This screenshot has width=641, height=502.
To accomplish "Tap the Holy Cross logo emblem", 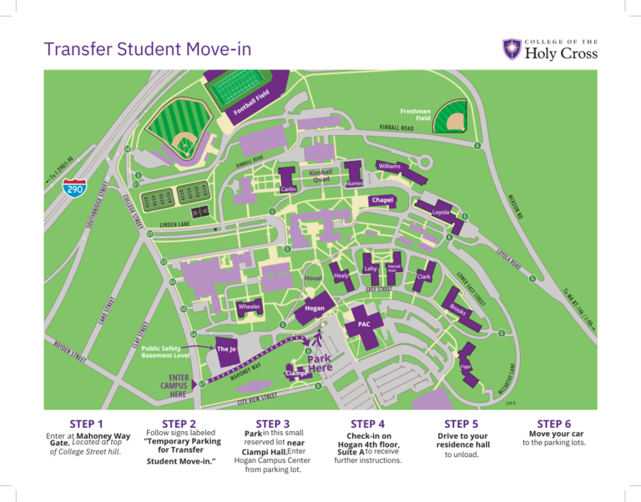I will (x=512, y=49).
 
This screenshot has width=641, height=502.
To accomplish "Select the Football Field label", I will (x=250, y=102).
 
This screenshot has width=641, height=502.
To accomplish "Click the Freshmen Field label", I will (x=415, y=114).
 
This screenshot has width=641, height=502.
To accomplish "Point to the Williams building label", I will (x=389, y=167).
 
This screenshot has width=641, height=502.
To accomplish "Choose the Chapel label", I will (x=382, y=201).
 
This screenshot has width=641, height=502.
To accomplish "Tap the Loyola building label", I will (x=441, y=213).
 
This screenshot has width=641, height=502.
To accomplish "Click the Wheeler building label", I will (x=250, y=307).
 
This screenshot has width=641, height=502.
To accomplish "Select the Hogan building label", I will (x=315, y=308).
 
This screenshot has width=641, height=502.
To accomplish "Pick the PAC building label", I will (x=363, y=324).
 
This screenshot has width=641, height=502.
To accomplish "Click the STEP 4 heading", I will (x=369, y=424).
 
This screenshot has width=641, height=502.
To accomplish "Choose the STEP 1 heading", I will (x=88, y=424).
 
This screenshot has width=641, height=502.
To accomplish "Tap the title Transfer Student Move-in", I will (x=148, y=51).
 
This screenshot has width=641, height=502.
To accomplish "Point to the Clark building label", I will (x=424, y=276).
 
